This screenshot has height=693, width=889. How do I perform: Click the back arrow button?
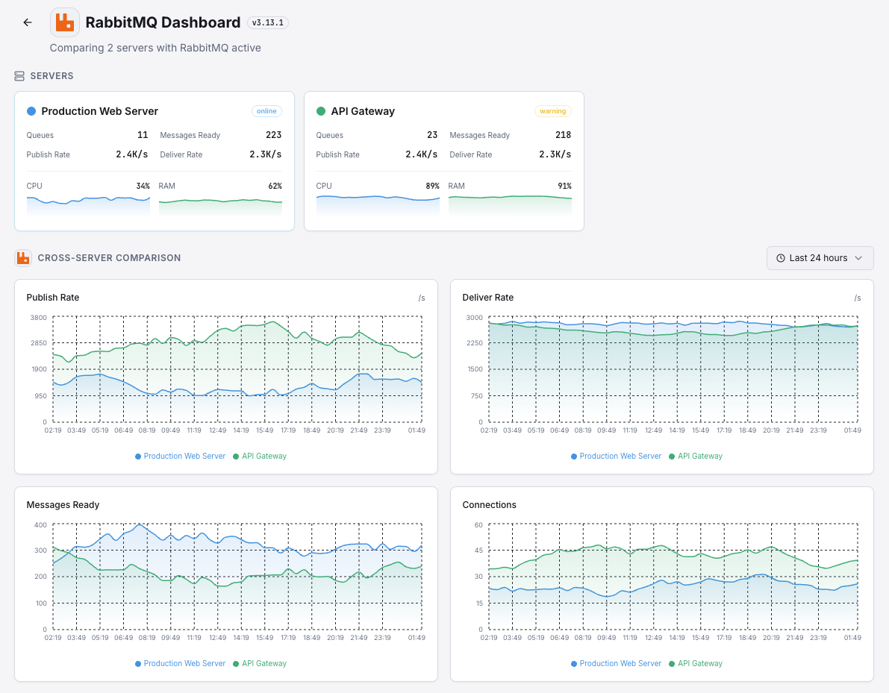(28, 22)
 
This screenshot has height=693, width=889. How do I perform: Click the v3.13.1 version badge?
(267, 23)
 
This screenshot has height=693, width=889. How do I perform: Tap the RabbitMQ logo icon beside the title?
(65, 22)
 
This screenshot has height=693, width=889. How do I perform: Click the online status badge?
(266, 111)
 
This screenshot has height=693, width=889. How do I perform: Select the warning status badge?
(552, 111)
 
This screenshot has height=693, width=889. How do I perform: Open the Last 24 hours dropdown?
(820, 258)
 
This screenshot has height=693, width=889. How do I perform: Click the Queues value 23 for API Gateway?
(431, 135)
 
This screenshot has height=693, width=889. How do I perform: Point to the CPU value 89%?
(432, 186)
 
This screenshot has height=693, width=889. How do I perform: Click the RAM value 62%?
(275, 186)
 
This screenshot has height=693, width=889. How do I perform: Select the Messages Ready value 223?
(273, 135)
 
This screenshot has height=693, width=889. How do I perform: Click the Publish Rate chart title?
(53, 298)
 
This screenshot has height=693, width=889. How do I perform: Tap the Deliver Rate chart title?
(488, 298)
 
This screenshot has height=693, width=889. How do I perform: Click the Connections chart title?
(490, 505)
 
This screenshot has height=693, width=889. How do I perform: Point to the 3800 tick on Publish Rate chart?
(37, 318)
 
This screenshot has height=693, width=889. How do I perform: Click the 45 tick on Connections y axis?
(478, 551)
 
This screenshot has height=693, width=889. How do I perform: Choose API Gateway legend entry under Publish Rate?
(263, 456)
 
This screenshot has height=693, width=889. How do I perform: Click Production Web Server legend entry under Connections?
(620, 663)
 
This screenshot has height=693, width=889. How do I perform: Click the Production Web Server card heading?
(99, 111)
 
